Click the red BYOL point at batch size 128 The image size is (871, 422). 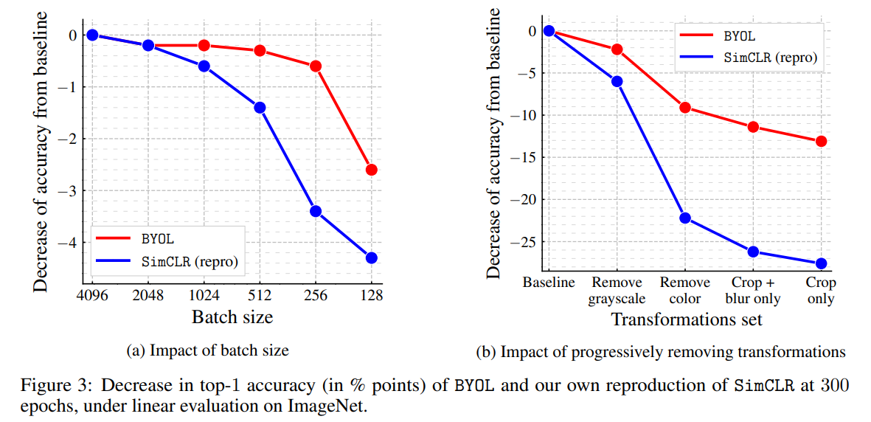pyautogui.click(x=371, y=170)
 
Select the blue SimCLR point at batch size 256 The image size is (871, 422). pyautogui.click(x=316, y=211)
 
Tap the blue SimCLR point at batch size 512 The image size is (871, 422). pyautogui.click(x=260, y=107)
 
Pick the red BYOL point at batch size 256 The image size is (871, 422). pyautogui.click(x=316, y=66)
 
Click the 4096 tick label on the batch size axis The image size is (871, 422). pyautogui.click(x=91, y=294)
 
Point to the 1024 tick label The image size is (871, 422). pyautogui.click(x=204, y=294)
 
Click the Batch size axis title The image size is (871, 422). pyautogui.click(x=232, y=317)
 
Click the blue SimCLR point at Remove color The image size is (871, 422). pyautogui.click(x=685, y=218)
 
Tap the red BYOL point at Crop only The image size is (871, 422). pyautogui.click(x=821, y=141)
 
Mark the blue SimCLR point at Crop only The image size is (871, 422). pyautogui.click(x=821, y=263)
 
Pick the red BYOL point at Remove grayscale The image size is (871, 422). pyautogui.click(x=617, y=49)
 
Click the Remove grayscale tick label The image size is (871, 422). pyautogui.click(x=617, y=291)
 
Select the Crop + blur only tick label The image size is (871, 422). pyautogui.click(x=752, y=291)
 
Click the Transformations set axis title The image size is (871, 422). pyautogui.click(x=686, y=320)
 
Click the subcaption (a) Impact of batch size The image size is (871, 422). pyautogui.click(x=207, y=351)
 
